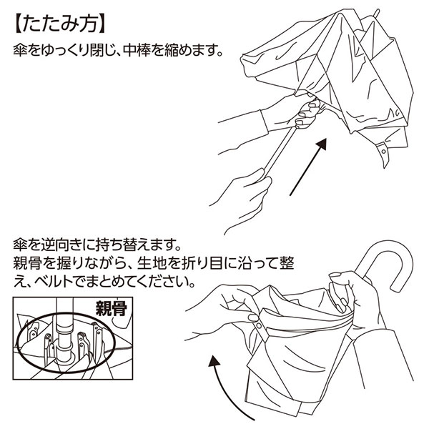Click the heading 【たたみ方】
click(60, 22)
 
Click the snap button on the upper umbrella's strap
click(386, 154)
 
